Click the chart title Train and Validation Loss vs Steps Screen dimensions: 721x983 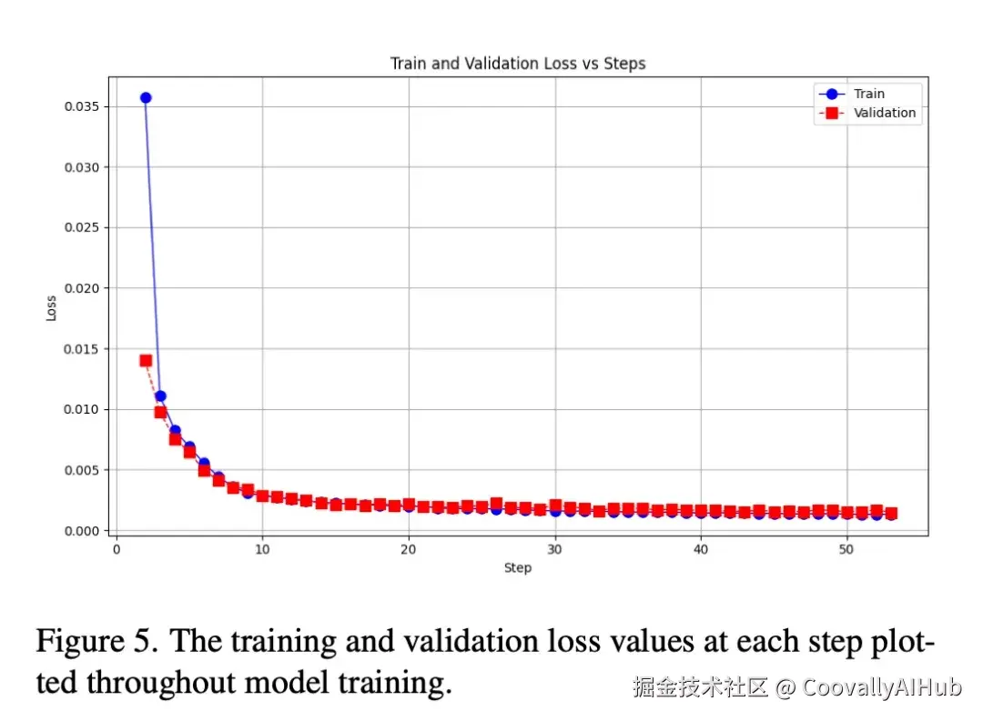pyautogui.click(x=518, y=64)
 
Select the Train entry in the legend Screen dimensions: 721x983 pyautogui.click(x=868, y=94)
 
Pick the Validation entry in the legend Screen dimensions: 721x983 pyautogui.click(x=884, y=113)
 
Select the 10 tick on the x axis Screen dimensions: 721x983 pyautogui.click(x=262, y=550)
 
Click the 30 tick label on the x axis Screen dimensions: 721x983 pyautogui.click(x=554, y=550)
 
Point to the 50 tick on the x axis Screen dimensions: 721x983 pyautogui.click(x=846, y=550)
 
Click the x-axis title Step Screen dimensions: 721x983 pyautogui.click(x=518, y=568)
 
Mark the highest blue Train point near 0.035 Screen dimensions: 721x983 pyautogui.click(x=146, y=97)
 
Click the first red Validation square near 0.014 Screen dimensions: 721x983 pyautogui.click(x=146, y=360)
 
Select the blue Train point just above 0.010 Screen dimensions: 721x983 pyautogui.click(x=160, y=396)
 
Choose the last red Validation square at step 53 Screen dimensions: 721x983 pyautogui.click(x=891, y=514)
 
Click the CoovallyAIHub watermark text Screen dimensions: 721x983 pyautogui.click(x=881, y=687)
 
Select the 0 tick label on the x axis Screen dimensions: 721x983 pyautogui.click(x=117, y=550)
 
